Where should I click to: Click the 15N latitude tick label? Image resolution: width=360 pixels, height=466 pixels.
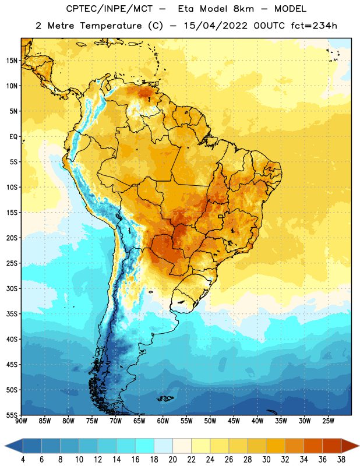pos(12,61)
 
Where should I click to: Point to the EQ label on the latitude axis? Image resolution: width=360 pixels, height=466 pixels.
pos(13,137)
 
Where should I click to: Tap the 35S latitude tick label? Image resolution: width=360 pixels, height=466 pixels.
pos(12,314)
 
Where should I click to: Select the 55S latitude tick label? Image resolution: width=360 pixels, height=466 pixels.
pos(12,415)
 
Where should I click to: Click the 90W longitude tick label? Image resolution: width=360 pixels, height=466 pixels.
pos(21,421)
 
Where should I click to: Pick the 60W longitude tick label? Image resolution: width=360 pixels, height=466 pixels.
pos(163,421)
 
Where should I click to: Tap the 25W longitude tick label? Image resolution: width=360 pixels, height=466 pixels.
pos(328,421)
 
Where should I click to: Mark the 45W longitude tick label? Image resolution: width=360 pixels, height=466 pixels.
pos(234,421)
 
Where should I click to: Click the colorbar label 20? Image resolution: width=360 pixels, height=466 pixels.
pos(172,460)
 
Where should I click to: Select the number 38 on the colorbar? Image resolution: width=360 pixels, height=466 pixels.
pos(341,460)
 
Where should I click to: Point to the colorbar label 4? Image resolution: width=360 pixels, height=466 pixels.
pos(23,460)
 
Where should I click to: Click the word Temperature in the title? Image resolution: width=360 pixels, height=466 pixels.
pos(111,26)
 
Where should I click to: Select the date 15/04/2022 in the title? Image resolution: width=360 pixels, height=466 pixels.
pos(215,26)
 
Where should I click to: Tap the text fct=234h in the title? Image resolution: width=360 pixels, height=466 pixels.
pos(314,26)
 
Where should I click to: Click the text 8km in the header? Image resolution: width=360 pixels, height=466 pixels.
pos(243,9)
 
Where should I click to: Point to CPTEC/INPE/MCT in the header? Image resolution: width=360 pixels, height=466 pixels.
pos(110,9)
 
